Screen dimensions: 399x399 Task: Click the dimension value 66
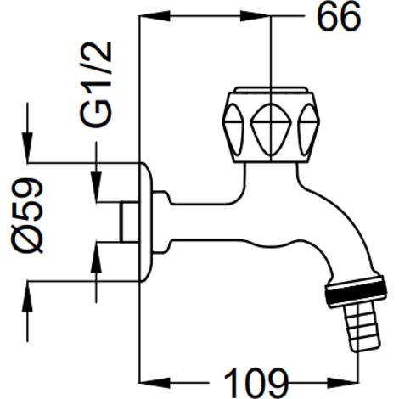point(339,17)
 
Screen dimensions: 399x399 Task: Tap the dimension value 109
point(256,383)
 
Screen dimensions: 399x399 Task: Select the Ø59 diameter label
point(27,216)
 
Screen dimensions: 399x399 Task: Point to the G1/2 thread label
point(96,84)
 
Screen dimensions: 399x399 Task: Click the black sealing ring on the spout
point(357,291)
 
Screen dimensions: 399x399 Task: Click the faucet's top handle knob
point(271,125)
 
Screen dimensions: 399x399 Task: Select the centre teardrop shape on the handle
point(271,129)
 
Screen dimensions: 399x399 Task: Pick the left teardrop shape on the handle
point(233,129)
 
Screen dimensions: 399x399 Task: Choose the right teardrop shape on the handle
point(308,129)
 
